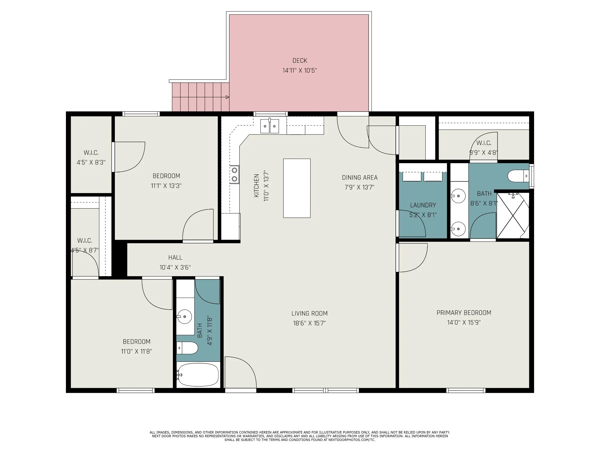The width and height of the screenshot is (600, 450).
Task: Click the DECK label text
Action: (300, 61)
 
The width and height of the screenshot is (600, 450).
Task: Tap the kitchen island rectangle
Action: (297, 188)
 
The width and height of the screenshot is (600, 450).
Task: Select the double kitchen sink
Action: (270, 126)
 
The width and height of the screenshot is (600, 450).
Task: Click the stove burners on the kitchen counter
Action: (234, 175)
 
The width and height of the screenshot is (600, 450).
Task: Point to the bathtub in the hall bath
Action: (198, 375)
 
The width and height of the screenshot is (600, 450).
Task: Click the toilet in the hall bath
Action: (187, 348)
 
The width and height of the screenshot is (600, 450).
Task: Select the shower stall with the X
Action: (513, 215)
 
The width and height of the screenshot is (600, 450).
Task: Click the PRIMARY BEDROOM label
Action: (464, 313)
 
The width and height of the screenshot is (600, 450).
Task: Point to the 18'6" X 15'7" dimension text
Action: (309, 323)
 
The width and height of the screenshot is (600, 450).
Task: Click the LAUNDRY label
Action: (423, 205)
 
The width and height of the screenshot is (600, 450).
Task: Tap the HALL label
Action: (175, 258)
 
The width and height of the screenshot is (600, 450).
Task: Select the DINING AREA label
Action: (360, 178)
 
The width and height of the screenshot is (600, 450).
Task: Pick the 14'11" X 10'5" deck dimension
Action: (300, 71)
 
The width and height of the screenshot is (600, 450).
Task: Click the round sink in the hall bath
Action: (184, 316)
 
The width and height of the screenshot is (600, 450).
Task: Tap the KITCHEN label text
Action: (256, 185)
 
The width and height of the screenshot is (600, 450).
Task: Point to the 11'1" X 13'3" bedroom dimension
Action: (166, 186)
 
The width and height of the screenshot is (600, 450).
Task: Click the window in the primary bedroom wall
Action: (466, 390)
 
